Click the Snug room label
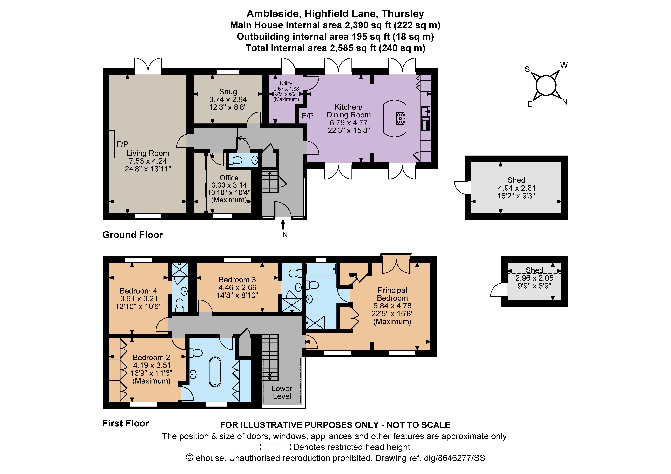(x=228, y=92)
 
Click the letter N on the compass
(x=565, y=102)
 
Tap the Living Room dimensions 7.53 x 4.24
(x=148, y=161)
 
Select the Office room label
(x=229, y=178)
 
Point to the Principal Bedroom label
(x=392, y=294)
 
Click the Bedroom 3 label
(x=237, y=280)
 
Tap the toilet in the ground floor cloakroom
(x=236, y=160)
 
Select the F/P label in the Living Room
(x=122, y=144)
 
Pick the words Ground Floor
(x=133, y=235)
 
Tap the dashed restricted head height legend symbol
(x=275, y=447)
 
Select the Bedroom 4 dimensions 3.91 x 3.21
(x=139, y=299)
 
